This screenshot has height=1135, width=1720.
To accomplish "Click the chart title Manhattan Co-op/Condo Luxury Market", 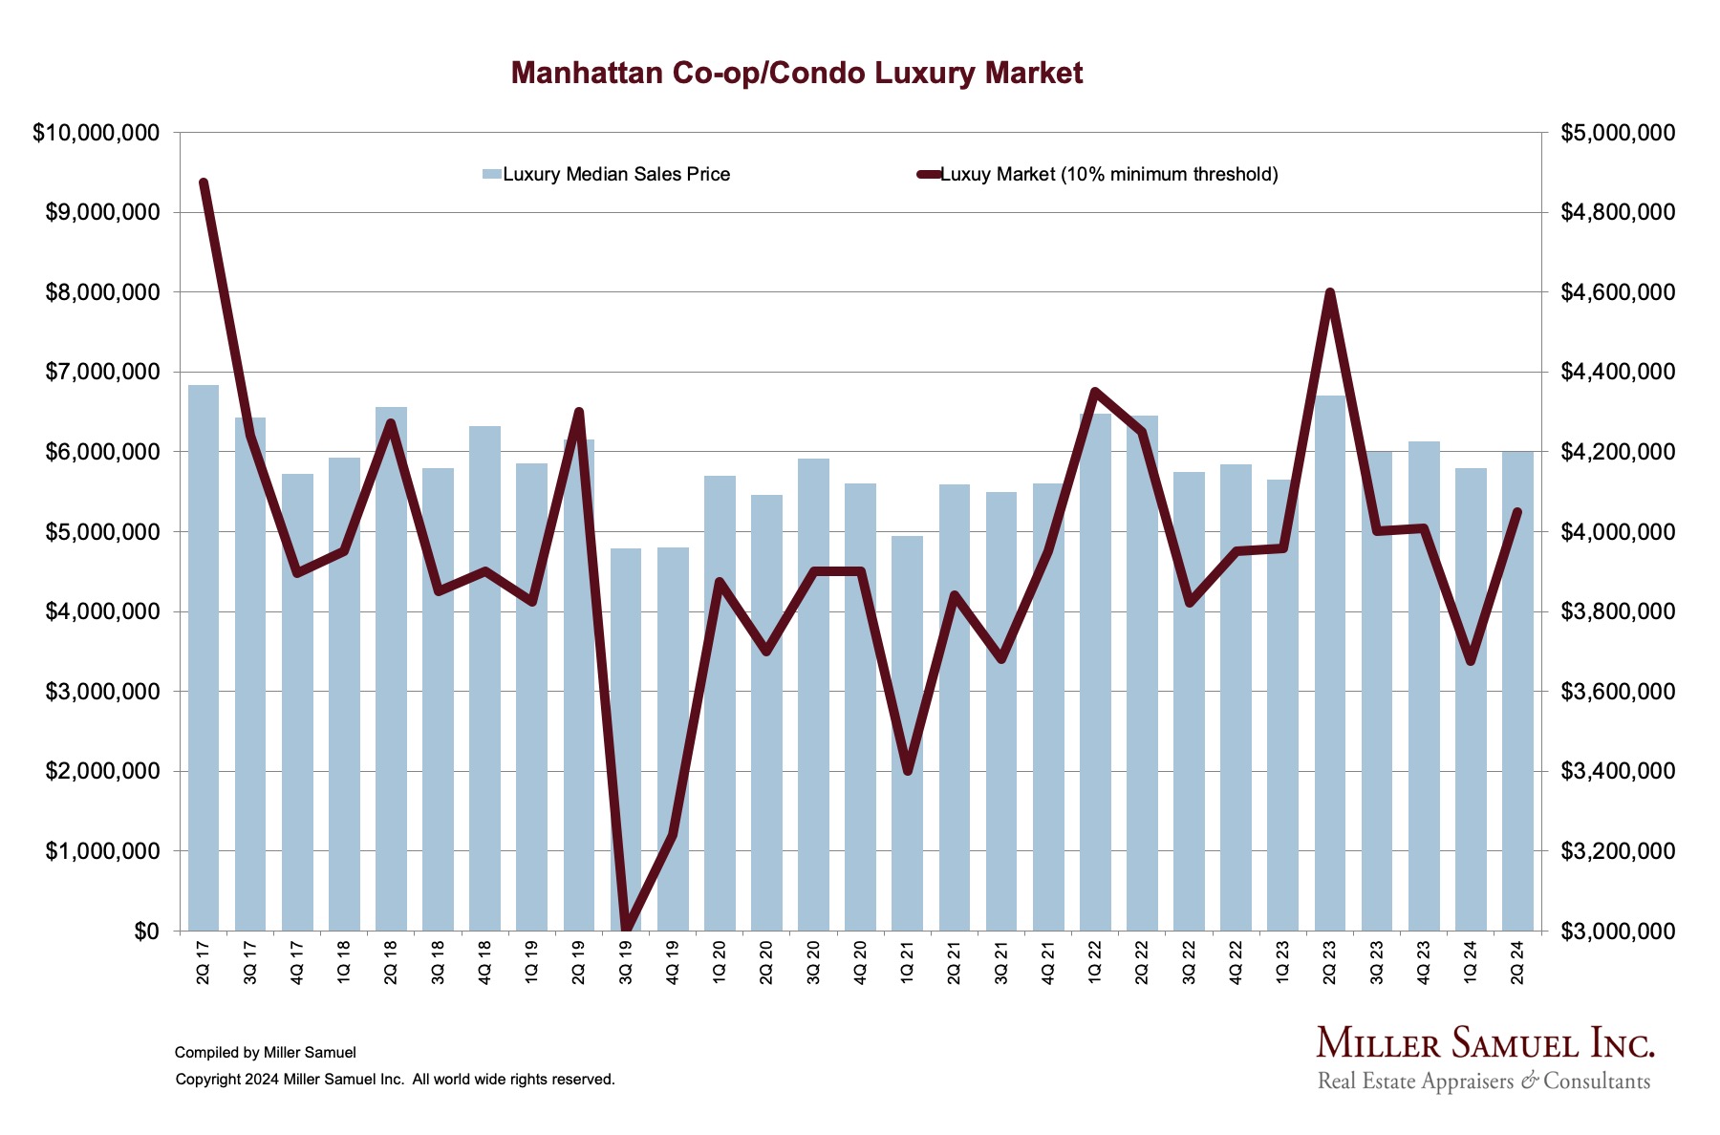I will pyautogui.click(x=797, y=74).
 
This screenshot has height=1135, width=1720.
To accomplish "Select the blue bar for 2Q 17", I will pyautogui.click(x=204, y=659).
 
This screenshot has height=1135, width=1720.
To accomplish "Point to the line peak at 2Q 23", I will pyautogui.click(x=1329, y=292).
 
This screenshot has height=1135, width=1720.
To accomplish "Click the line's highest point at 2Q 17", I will pyautogui.click(x=204, y=182).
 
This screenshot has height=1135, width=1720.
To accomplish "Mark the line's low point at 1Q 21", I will pyautogui.click(x=907, y=771).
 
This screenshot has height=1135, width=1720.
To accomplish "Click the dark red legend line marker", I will pyautogui.click(x=929, y=175).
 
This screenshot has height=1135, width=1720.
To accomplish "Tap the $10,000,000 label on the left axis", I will pyautogui.click(x=96, y=133).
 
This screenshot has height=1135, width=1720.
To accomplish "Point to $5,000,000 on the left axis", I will pyautogui.click(x=101, y=532).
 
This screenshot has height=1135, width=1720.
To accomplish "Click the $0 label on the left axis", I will pyautogui.click(x=146, y=932).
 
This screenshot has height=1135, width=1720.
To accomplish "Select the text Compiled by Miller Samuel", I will pyautogui.click(x=266, y=1053).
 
